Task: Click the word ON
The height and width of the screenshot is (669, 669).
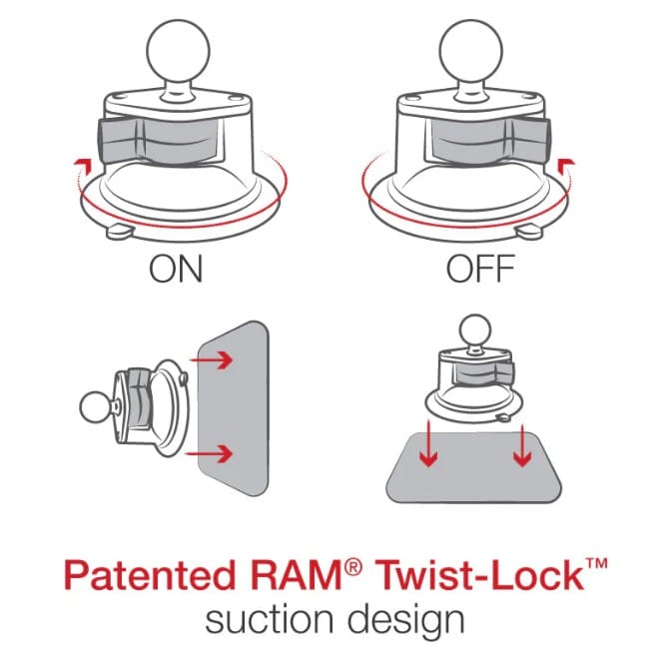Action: pyautogui.click(x=176, y=269)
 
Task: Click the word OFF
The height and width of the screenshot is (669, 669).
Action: pyautogui.click(x=480, y=269)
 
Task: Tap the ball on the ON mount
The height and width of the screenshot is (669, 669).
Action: pyautogui.click(x=178, y=50)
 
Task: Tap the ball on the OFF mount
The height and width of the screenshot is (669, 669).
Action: pyautogui.click(x=470, y=50)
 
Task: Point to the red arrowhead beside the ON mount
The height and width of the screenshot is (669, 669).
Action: pyautogui.click(x=84, y=164)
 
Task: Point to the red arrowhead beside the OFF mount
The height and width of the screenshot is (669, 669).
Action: pyautogui.click(x=566, y=164)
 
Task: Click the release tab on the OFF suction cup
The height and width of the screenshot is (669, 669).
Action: pyautogui.click(x=529, y=232)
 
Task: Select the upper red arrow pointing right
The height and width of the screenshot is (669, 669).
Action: pyautogui.click(x=212, y=360)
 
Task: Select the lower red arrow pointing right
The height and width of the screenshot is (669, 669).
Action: pyautogui.click(x=209, y=454)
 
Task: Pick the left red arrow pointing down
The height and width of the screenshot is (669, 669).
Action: pyautogui.click(x=428, y=444)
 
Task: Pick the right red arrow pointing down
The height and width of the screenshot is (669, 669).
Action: pyautogui.click(x=522, y=445)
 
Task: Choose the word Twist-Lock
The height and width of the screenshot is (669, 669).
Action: pyautogui.click(x=480, y=574)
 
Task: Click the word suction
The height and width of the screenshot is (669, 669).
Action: pyautogui.click(x=270, y=619)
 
